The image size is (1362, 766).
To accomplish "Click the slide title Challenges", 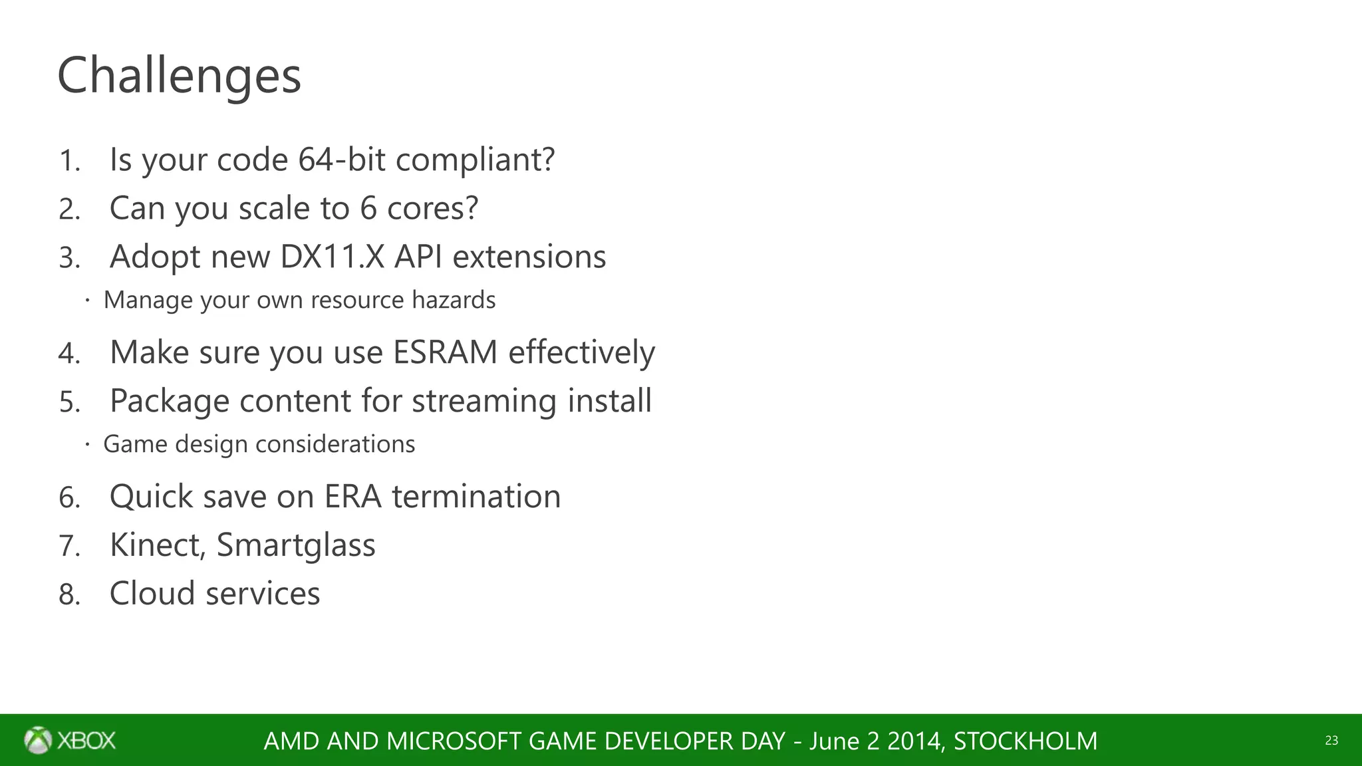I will [x=179, y=76].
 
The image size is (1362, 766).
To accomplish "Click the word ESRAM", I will [x=445, y=352].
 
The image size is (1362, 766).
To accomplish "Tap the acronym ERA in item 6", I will [x=352, y=497].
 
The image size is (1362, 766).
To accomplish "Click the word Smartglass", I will [x=296, y=545].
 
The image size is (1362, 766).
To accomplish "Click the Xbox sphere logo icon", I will [x=38, y=740].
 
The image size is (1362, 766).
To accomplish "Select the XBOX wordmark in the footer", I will [x=86, y=741].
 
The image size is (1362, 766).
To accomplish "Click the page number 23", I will [x=1331, y=741].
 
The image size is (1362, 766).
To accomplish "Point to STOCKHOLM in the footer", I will [x=1025, y=741].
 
